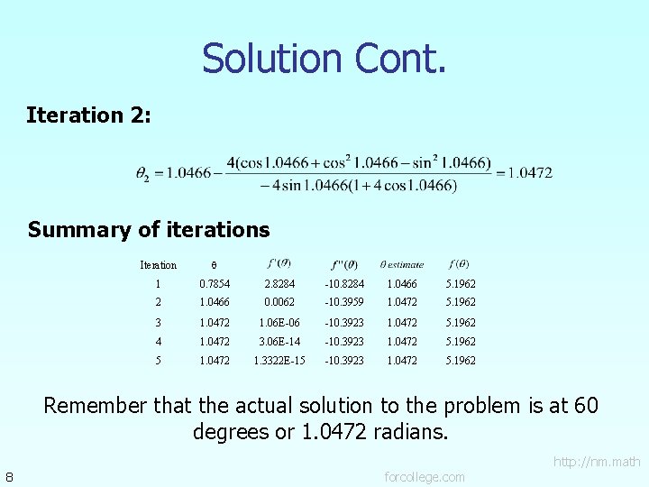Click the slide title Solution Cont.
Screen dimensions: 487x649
click(x=324, y=59)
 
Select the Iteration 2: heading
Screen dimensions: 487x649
click(x=89, y=115)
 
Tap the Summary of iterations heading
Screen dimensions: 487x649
click(x=149, y=230)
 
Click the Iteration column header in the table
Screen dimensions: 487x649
click(x=158, y=265)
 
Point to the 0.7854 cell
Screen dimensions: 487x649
click(x=215, y=284)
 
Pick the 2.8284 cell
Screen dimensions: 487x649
click(x=279, y=284)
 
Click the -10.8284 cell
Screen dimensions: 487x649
click(x=344, y=284)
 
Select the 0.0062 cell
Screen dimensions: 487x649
click(x=279, y=303)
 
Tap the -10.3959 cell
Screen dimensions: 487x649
click(x=344, y=303)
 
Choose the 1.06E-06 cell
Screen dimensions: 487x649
click(x=279, y=323)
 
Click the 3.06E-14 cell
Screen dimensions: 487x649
click(x=279, y=342)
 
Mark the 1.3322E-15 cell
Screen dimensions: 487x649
click(x=279, y=361)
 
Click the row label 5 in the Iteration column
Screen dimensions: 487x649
click(x=158, y=361)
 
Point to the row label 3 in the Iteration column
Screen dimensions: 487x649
click(x=158, y=323)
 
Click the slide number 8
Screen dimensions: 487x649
click(x=8, y=476)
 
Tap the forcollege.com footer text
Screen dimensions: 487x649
click(x=425, y=476)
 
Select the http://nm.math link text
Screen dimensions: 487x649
click(x=597, y=463)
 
